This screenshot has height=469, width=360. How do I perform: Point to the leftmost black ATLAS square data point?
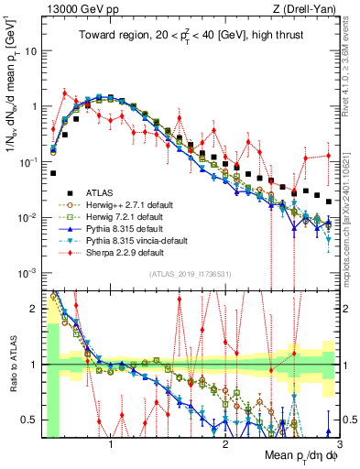pos(54,172)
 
